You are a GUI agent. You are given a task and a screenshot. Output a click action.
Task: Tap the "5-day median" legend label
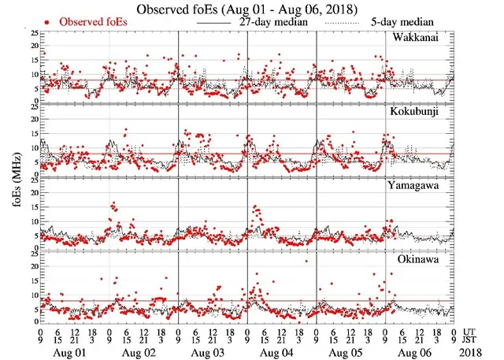[398, 22]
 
